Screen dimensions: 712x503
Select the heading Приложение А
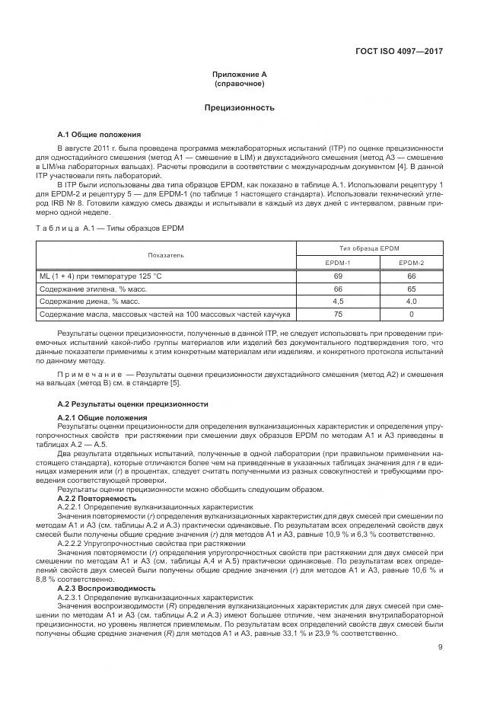coord(239,75)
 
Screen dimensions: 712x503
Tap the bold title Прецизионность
coord(239,107)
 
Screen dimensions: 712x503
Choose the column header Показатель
coord(165,255)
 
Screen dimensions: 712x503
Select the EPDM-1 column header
coord(338,263)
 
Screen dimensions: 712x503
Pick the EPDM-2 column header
coord(411,263)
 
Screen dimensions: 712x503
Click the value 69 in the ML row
coord(338,276)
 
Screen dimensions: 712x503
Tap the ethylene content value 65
coord(411,289)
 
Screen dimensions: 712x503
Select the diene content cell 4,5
coord(338,301)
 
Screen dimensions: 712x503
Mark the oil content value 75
coord(338,314)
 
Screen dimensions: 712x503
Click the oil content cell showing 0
coord(411,314)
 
